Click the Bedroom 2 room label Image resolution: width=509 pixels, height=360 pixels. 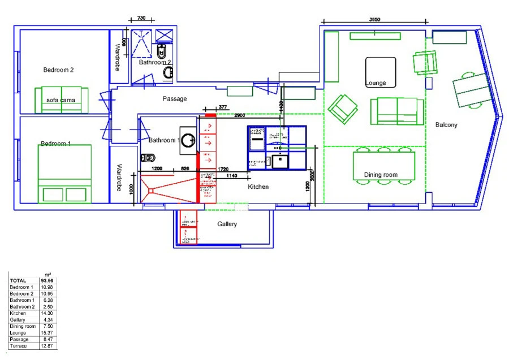pyautogui.click(x=59, y=70)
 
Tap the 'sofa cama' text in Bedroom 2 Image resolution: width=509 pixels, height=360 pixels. pyautogui.click(x=61, y=100)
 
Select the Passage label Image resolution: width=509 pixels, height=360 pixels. pyautogui.click(x=175, y=99)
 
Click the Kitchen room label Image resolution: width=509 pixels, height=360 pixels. pyautogui.click(x=258, y=186)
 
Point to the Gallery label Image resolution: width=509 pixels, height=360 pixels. pyautogui.click(x=227, y=224)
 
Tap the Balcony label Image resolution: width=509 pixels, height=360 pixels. pyautogui.click(x=446, y=125)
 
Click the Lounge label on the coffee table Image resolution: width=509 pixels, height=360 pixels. pyautogui.click(x=376, y=83)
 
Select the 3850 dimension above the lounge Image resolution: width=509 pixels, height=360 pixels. pyautogui.click(x=374, y=19)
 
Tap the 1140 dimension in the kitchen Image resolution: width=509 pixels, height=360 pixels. pyautogui.click(x=231, y=176)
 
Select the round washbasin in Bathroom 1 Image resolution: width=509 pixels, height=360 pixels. pyautogui.click(x=188, y=140)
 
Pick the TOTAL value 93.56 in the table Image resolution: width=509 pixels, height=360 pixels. pyautogui.click(x=47, y=280)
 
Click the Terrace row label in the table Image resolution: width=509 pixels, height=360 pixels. pyautogui.click(x=18, y=345)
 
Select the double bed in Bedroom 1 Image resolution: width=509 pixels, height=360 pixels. pyautogui.click(x=64, y=174)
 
